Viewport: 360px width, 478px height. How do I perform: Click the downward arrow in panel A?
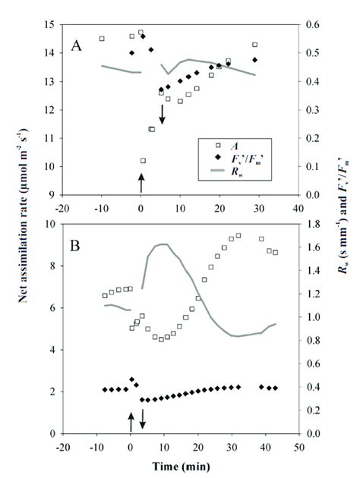[x=162, y=115]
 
